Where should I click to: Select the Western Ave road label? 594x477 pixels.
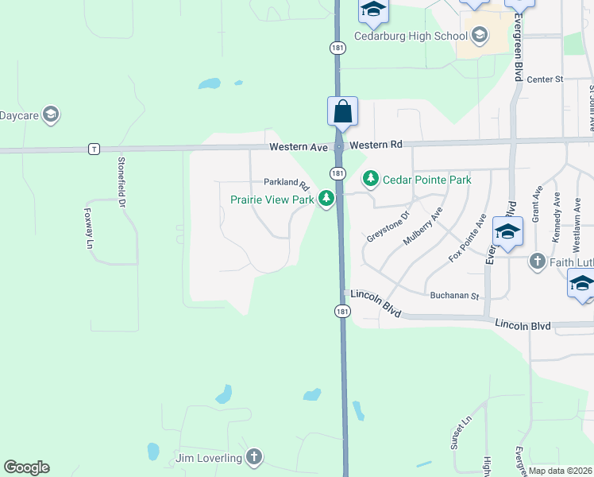[x=298, y=146]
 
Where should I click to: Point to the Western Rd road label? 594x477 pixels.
[x=376, y=145]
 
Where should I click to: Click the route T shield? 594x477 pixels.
[x=94, y=149]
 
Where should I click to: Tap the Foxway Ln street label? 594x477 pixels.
[x=88, y=229]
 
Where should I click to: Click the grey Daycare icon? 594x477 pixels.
[x=52, y=115]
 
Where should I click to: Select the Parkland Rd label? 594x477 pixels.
[x=286, y=182]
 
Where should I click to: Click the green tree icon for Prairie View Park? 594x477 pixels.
[x=326, y=199]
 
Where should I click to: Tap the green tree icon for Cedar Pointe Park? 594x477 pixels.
[x=370, y=179]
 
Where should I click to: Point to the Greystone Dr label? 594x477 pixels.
[x=388, y=225]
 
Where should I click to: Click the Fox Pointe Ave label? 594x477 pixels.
[x=467, y=238]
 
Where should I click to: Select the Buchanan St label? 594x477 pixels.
[x=454, y=296]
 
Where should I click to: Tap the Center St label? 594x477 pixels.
[x=545, y=79]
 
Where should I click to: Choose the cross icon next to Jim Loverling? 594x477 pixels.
[x=253, y=457]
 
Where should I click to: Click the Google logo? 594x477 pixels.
[x=26, y=467]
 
